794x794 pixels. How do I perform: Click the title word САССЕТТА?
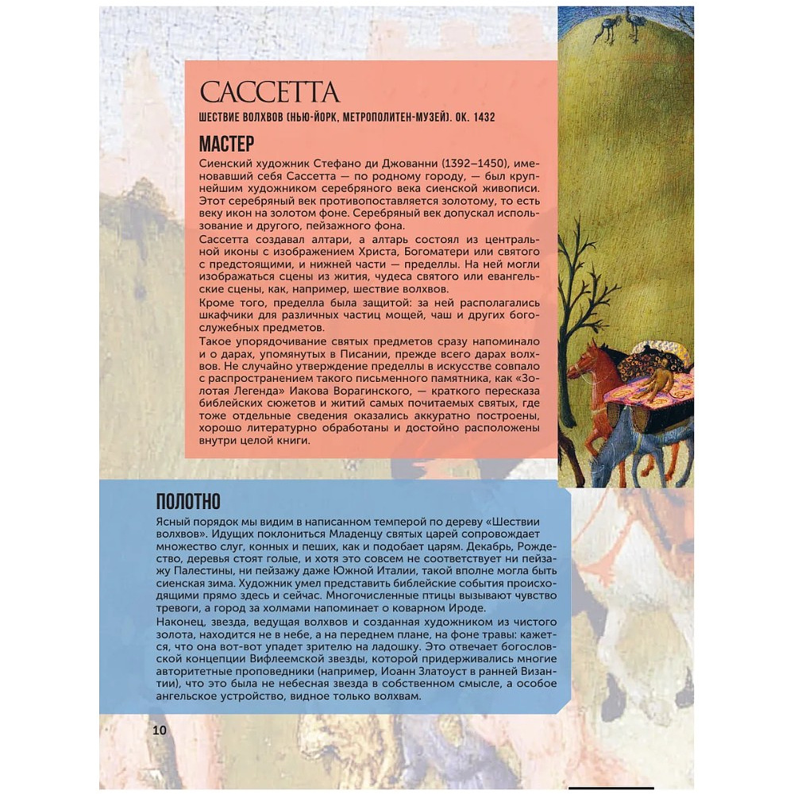click(x=269, y=93)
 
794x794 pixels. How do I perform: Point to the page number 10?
click(x=160, y=730)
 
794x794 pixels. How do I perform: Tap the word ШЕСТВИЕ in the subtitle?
click(x=225, y=118)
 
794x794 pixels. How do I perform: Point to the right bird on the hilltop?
click(x=636, y=24)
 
